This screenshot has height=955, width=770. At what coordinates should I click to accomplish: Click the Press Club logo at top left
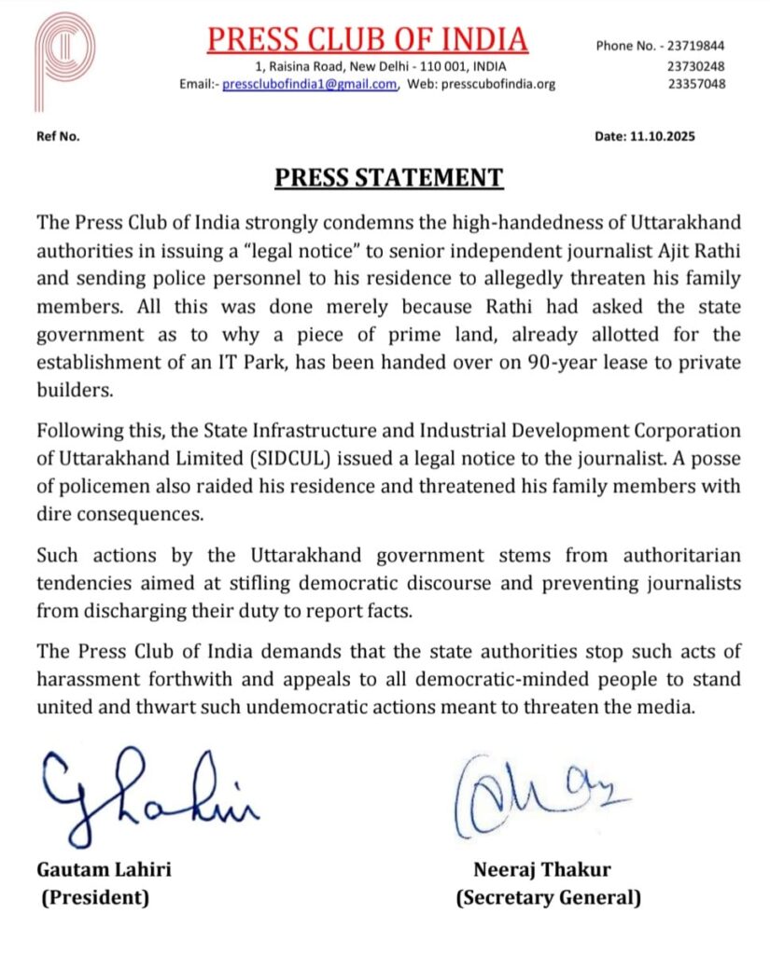[64, 58]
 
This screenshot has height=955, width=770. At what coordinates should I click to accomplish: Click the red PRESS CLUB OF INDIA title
[367, 39]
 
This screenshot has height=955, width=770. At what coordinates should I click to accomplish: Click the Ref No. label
[57, 136]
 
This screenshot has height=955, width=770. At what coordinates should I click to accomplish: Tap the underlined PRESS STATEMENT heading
[388, 178]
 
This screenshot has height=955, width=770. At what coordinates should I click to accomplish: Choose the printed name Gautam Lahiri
[104, 870]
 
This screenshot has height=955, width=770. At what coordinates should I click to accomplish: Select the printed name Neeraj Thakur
[542, 870]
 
